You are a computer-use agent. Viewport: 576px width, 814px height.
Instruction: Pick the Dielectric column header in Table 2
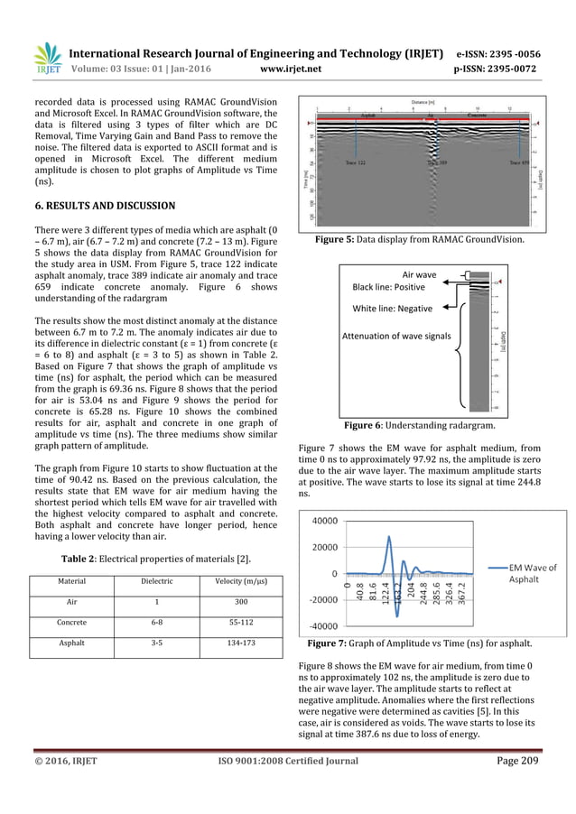click(154, 581)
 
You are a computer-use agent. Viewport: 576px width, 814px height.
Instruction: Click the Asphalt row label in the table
click(73, 645)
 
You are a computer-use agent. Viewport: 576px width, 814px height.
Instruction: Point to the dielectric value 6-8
click(154, 623)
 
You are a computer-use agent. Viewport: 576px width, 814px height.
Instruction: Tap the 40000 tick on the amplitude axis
click(325, 521)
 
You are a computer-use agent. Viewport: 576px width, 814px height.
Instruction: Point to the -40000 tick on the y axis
click(323, 625)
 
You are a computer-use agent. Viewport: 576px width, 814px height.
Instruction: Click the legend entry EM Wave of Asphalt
click(525, 573)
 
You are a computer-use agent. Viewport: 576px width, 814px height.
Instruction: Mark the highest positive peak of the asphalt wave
click(389, 537)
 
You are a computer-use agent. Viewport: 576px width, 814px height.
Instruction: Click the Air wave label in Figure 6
click(418, 273)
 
